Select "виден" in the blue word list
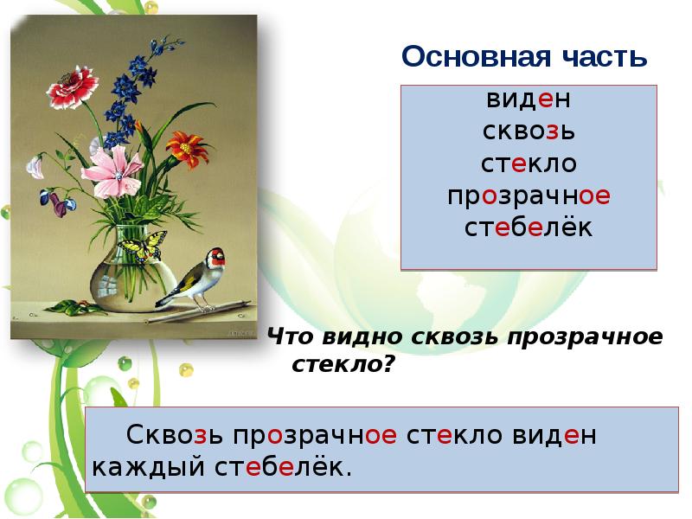pyautogui.click(x=529, y=99)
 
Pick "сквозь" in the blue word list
pyautogui.click(x=529, y=132)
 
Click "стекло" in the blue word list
pyautogui.click(x=529, y=164)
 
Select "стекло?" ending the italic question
pyautogui.click(x=343, y=364)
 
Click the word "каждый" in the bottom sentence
pyautogui.click(x=143, y=468)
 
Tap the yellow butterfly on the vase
pyautogui.click(x=142, y=245)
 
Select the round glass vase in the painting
pyautogui.click(x=125, y=272)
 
